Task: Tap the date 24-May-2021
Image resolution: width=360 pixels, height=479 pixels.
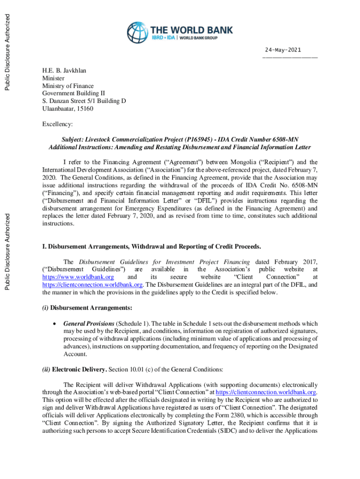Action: [x=283, y=50]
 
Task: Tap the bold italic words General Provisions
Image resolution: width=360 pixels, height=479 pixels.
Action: [x=89, y=324]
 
